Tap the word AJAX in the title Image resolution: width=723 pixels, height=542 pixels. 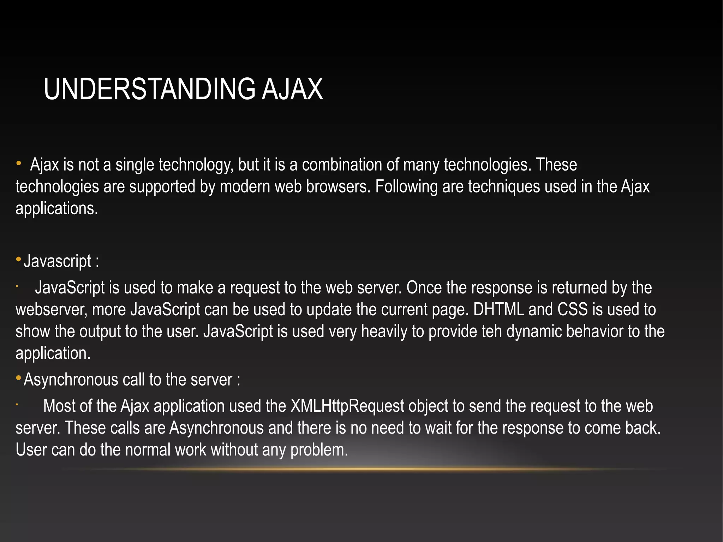click(292, 89)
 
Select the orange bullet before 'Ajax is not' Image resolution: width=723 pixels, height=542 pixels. click(19, 163)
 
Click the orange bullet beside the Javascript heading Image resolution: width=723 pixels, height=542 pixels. click(19, 260)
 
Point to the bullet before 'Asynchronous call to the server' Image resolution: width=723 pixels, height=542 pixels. click(19, 379)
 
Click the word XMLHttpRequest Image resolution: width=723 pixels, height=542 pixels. click(347, 406)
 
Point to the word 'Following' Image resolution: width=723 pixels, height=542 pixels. click(406, 186)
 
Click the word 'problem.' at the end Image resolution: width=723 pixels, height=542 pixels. click(319, 450)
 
